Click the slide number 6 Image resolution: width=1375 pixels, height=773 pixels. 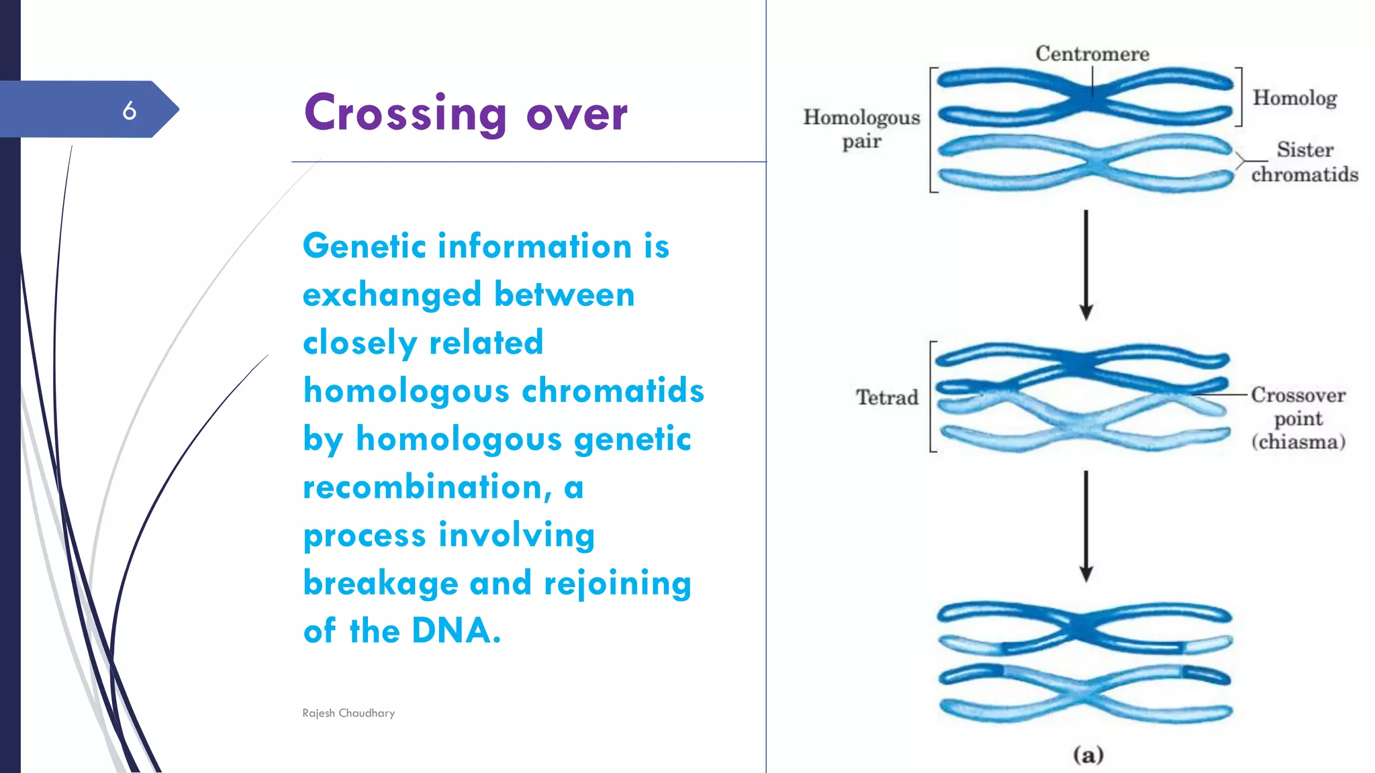tap(130, 110)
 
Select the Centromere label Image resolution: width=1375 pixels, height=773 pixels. tap(1092, 54)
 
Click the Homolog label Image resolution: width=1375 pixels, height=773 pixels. tap(1294, 98)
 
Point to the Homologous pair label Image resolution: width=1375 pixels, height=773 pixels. tap(861, 129)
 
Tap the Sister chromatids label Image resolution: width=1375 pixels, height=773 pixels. tap(1304, 162)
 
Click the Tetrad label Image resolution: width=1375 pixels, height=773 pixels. tap(887, 397)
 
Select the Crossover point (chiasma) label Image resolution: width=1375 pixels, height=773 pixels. tap(1298, 418)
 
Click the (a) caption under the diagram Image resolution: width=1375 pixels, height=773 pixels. tap(1088, 755)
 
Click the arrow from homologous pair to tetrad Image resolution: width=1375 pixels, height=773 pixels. tap(1086, 265)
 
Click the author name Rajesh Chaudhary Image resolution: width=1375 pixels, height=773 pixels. tap(348, 713)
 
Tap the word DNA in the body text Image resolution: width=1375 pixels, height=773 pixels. tap(456, 631)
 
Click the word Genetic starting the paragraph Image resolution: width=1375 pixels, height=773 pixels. tap(365, 246)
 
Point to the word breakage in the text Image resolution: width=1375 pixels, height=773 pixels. tap(380, 582)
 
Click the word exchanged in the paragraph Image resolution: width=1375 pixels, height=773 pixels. tap(392, 295)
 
